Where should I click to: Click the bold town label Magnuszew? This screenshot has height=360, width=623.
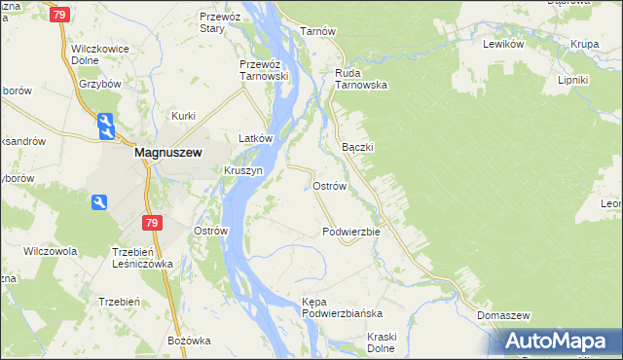pyautogui.click(x=166, y=152)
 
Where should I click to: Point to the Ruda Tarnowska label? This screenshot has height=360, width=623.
pyautogui.click(x=361, y=78)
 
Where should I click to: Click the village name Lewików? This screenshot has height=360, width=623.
pyautogui.click(x=504, y=44)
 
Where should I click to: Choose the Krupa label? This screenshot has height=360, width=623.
pyautogui.click(x=585, y=44)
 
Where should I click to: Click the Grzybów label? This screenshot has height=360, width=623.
pyautogui.click(x=99, y=84)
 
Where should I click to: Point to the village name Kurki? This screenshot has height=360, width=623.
pyautogui.click(x=184, y=116)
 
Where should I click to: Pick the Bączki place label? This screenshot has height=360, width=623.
pyautogui.click(x=359, y=146)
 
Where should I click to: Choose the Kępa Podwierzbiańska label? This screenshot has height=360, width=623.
pyautogui.click(x=342, y=308)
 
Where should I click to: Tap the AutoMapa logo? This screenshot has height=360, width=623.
pyautogui.click(x=558, y=342)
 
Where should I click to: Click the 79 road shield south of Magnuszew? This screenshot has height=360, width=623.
pyautogui.click(x=151, y=224)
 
